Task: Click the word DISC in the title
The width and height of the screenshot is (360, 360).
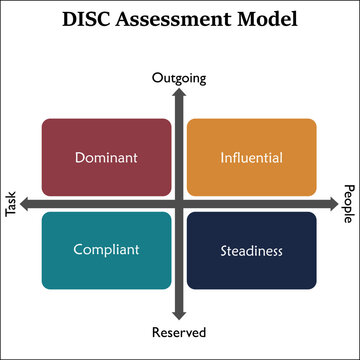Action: (x=86, y=19)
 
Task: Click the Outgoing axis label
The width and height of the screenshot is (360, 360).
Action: (x=179, y=76)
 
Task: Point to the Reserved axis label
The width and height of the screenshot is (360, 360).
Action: (x=180, y=332)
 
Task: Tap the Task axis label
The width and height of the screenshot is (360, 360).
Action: (x=12, y=204)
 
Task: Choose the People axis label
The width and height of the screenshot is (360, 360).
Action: (x=349, y=204)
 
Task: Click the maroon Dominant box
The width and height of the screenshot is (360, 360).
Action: (x=107, y=156)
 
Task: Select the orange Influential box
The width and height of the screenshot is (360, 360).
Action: (x=252, y=156)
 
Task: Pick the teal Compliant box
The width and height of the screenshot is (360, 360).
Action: (x=107, y=250)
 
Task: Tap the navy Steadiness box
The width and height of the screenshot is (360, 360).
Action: (x=252, y=250)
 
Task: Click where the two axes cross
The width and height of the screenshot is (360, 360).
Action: (x=180, y=204)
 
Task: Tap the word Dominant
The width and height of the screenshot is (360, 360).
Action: (x=107, y=157)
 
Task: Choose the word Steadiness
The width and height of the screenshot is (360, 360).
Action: (x=252, y=250)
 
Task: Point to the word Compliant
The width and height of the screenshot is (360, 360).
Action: (x=107, y=250)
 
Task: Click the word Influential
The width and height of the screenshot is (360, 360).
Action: (x=252, y=157)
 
